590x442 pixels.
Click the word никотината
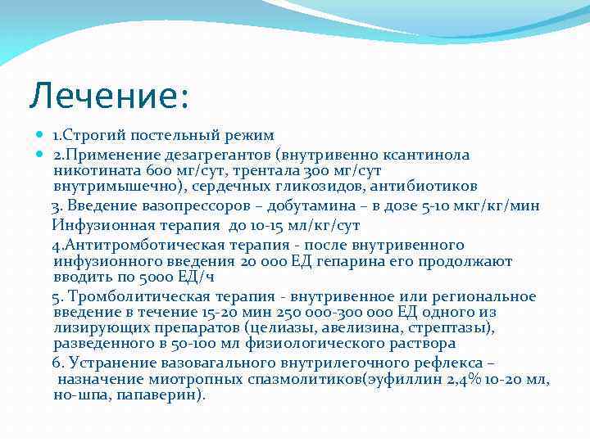pyautogui.click(x=93, y=170)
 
